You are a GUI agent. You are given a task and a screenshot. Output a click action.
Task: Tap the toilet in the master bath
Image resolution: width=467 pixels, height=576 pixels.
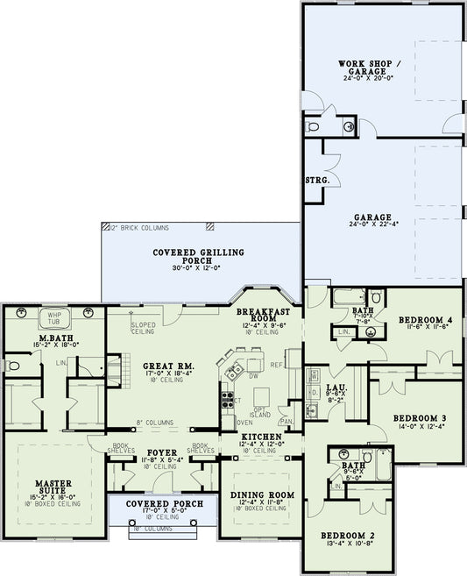pos(12,365)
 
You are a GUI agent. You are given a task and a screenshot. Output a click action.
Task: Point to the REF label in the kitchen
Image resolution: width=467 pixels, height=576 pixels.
pos(277,365)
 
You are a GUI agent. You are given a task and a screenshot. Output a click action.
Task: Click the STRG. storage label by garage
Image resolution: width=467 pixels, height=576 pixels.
pos(316,181)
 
